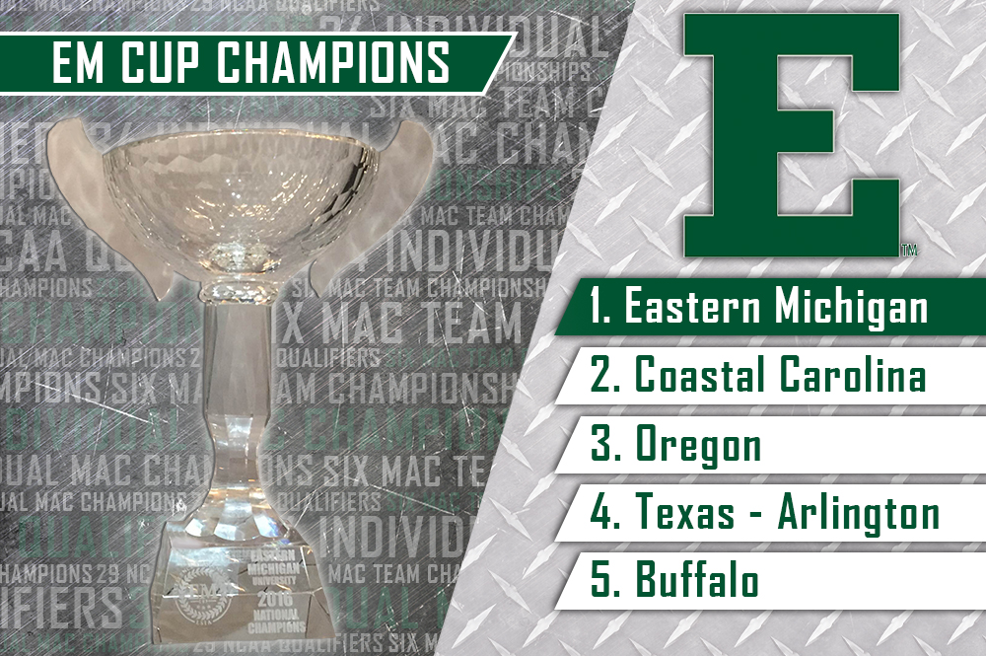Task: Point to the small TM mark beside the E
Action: [908, 251]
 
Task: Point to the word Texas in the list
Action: [691, 514]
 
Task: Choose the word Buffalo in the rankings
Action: [697, 581]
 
